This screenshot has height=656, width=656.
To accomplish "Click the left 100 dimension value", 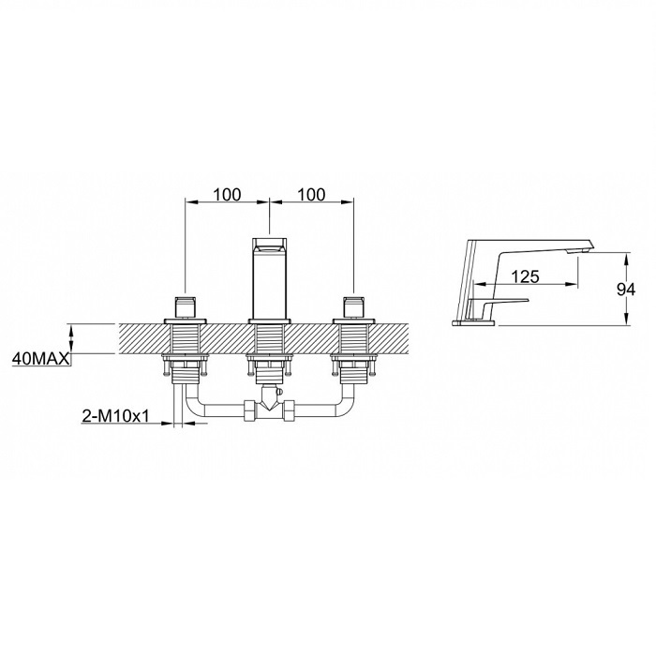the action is click(227, 195).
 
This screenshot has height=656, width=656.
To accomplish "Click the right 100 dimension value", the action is click(311, 195).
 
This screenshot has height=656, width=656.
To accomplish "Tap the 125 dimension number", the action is click(526, 276).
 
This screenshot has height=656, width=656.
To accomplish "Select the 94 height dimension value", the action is click(626, 289).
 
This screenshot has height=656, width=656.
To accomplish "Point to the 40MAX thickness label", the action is click(41, 359).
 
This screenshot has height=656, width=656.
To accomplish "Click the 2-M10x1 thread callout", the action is click(115, 416).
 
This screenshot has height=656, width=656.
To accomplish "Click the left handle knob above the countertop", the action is click(186, 307).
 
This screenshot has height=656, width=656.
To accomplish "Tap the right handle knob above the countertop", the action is click(354, 307).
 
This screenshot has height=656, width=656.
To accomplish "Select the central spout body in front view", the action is click(270, 278).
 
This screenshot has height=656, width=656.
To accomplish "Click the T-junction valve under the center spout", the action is click(270, 398).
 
